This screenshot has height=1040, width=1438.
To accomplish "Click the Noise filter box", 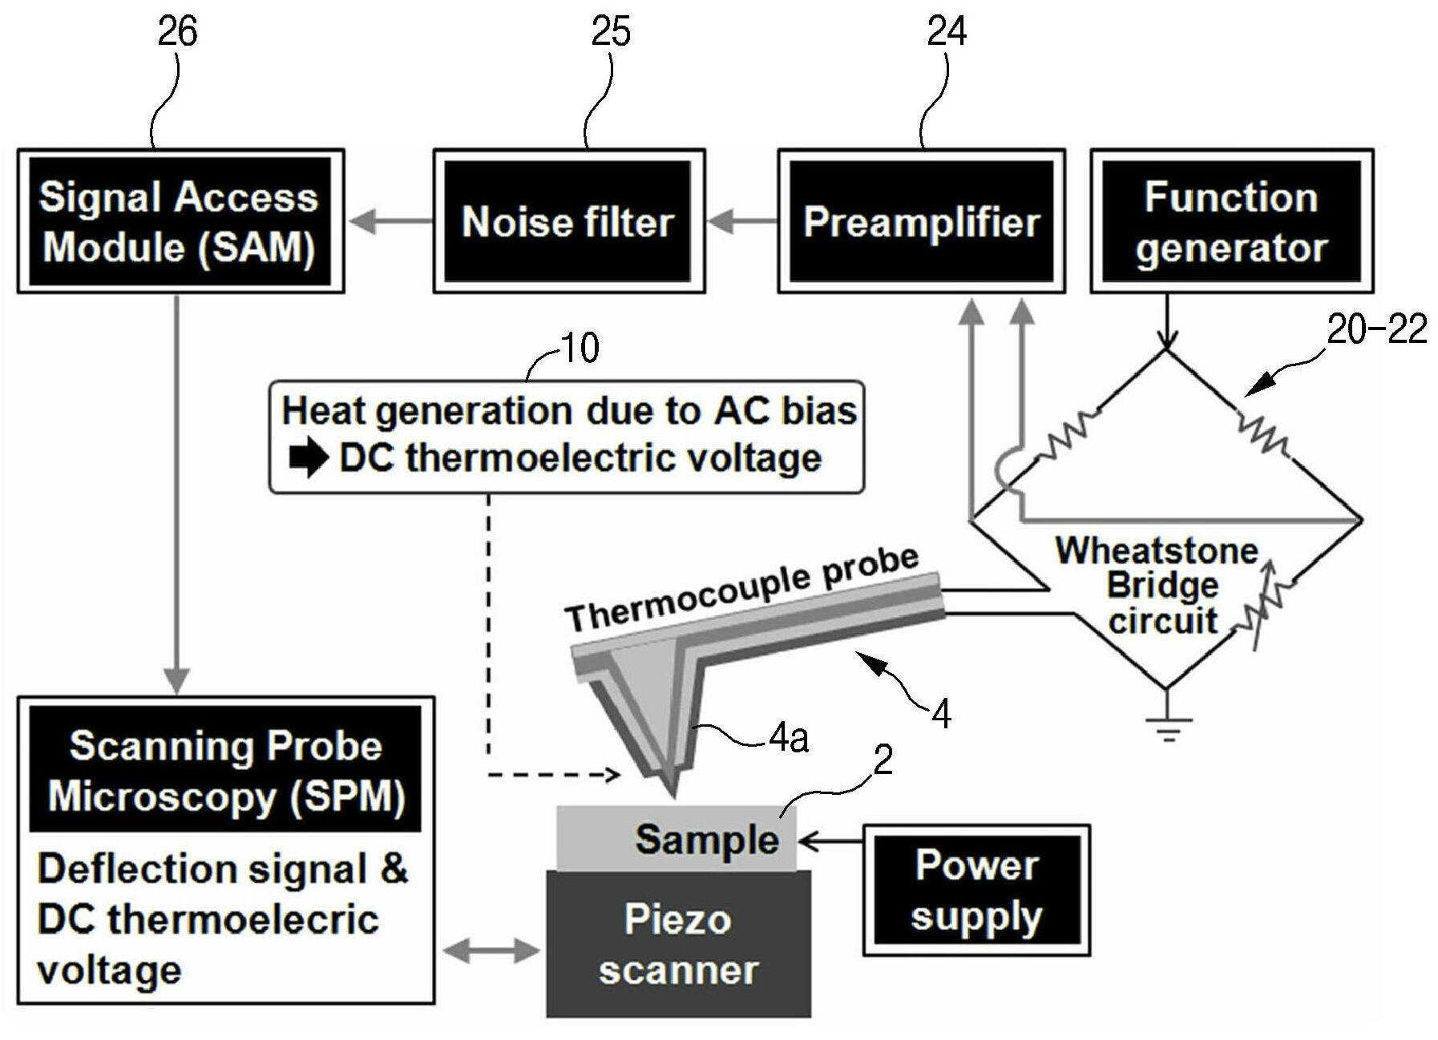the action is [569, 220].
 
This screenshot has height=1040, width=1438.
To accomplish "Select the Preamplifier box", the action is [921, 220].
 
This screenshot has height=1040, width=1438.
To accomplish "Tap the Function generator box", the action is [1231, 220].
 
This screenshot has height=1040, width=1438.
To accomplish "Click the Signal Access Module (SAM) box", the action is [180, 220].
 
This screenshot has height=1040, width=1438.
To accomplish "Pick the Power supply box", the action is [976, 890].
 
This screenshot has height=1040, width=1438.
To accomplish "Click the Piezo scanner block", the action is [678, 944].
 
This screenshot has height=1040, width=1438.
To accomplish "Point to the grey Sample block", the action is [677, 839].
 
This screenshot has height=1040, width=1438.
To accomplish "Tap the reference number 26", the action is [177, 32].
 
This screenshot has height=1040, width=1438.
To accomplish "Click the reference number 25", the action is [611, 32].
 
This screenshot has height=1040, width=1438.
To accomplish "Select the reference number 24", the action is [947, 32].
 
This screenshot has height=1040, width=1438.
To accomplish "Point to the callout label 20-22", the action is [1377, 329].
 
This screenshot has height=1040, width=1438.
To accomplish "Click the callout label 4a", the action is [789, 739].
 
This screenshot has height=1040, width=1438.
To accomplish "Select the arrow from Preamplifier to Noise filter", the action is [742, 220].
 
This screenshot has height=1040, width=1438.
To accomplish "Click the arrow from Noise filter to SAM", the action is [390, 220].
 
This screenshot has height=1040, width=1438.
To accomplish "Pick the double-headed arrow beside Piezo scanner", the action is [491, 951].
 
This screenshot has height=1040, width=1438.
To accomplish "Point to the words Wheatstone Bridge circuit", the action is [1157, 586].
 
